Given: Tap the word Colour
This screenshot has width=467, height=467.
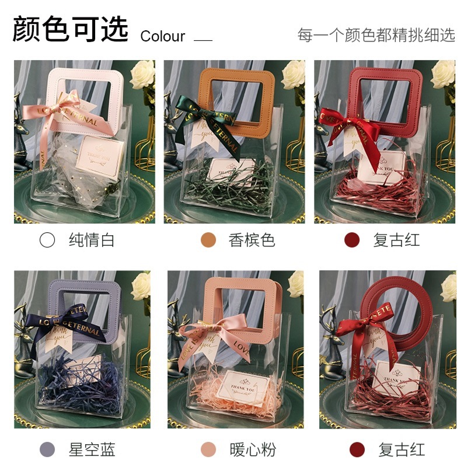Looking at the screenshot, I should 162,36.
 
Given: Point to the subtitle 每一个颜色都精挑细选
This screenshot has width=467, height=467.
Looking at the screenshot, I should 376,35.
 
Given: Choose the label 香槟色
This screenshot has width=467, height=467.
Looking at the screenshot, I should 252,240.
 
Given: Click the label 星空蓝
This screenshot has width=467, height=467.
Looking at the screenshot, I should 92,449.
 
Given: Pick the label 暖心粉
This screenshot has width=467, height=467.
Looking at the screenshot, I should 252,449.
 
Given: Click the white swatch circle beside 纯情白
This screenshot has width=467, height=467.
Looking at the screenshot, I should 47,240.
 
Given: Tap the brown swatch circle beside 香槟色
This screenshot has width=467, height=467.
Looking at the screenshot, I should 208,240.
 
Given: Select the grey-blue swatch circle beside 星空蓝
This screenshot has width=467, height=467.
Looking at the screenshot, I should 47,449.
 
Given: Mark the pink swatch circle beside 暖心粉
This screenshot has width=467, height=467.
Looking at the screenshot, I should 208,449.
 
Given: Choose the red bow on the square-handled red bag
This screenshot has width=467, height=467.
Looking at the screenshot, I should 347,123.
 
